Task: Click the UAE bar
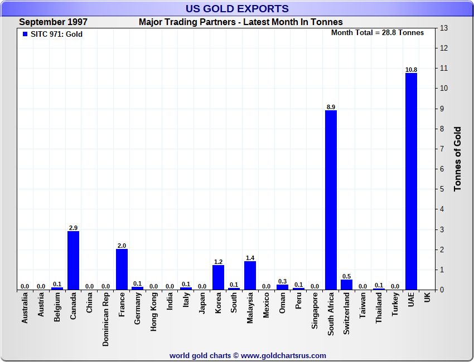(411, 181)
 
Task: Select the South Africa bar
(331, 200)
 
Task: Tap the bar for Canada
(73, 260)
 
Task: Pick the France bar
(122, 269)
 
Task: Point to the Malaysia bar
(250, 275)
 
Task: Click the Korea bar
(218, 277)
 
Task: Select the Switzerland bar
(346, 285)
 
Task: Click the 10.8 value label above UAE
(411, 70)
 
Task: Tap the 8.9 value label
(331, 107)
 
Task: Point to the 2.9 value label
(73, 228)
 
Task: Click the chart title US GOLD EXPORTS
(237, 8)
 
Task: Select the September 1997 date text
(53, 22)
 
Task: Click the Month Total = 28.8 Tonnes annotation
(378, 33)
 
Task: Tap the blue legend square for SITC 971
(25, 33)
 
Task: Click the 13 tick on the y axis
(444, 28)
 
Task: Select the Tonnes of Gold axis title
(457, 159)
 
